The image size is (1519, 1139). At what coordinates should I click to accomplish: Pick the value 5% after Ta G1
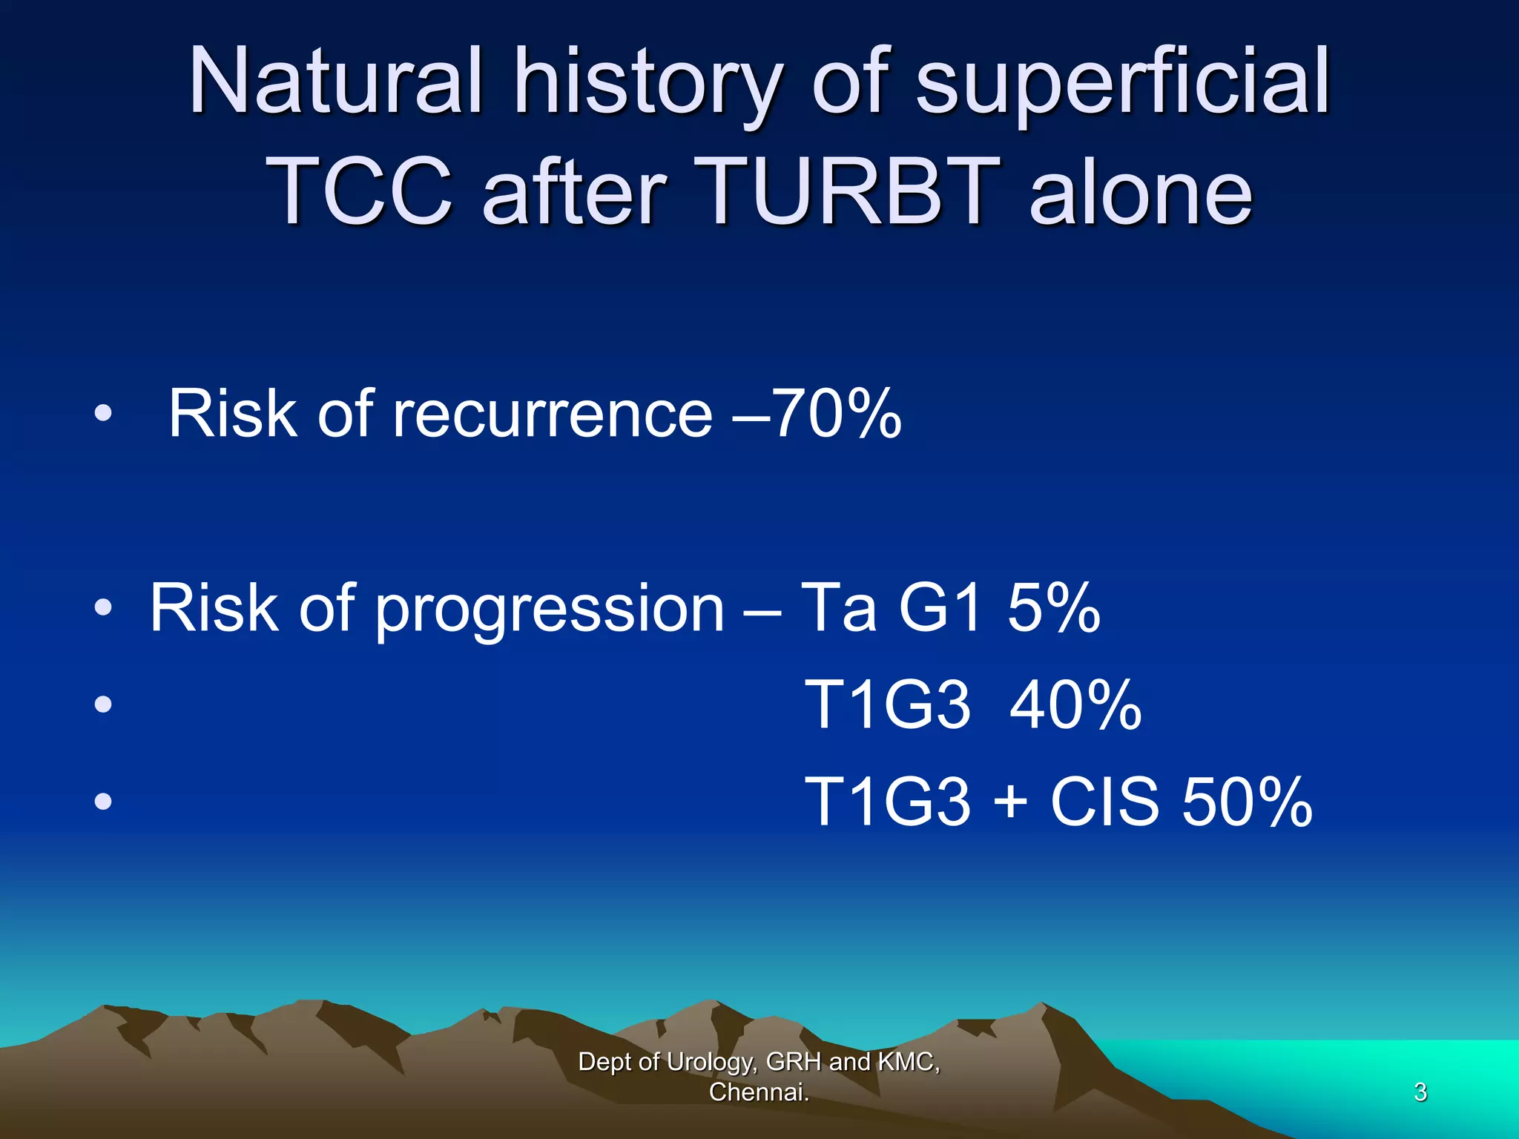click(1053, 608)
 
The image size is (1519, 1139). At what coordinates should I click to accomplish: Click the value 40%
click(1075, 705)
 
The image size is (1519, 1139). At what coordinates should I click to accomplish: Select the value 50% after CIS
click(1247, 802)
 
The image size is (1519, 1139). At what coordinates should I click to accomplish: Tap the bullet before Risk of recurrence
click(103, 414)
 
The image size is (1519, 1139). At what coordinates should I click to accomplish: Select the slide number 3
click(1420, 1092)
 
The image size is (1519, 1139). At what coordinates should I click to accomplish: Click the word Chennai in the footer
click(758, 1092)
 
